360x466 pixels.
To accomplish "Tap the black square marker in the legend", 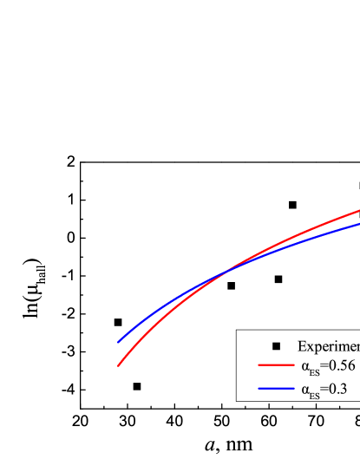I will (276, 345).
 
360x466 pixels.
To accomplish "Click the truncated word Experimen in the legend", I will (328, 345).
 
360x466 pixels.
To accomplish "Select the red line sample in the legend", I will (276, 366).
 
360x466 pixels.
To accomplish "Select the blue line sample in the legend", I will (276, 389).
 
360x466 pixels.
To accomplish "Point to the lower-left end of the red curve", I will (119, 365).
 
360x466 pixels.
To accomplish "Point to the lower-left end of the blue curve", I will (119, 341).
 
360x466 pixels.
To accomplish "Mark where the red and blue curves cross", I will (224, 272).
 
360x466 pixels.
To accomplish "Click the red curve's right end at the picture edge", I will (358, 210).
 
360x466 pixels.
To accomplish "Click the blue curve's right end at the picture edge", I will (358, 224).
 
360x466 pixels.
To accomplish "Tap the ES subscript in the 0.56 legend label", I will (314, 371).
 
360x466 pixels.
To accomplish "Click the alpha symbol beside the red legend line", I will (305, 366).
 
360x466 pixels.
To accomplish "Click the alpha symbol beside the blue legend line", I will (305, 389).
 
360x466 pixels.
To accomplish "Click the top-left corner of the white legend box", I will (237, 331).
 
